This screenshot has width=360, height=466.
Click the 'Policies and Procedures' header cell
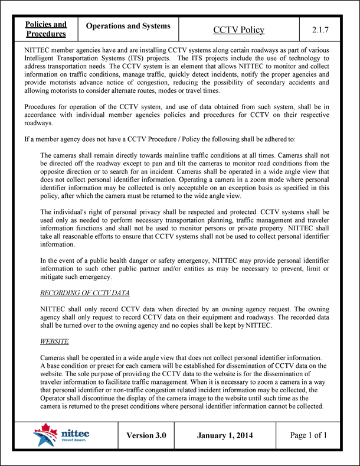click(x=45, y=29)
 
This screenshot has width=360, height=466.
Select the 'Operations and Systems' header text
click(x=128, y=26)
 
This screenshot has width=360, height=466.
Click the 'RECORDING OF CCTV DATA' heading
click(x=84, y=293)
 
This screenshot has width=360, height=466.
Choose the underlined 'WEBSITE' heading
click(x=54, y=341)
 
